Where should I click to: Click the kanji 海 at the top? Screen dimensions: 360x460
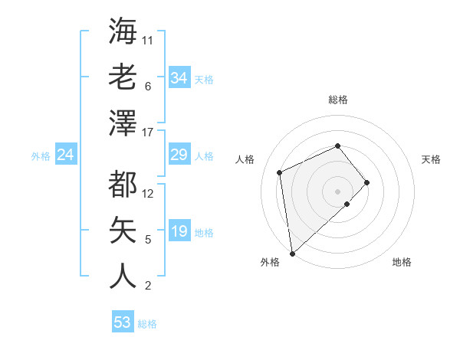pyautogui.click(x=123, y=31)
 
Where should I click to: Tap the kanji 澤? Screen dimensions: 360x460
pyautogui.click(x=123, y=123)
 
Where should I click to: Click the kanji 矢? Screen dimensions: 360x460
pyautogui.click(x=123, y=230)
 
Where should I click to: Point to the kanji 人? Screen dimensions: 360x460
pyautogui.click(x=123, y=276)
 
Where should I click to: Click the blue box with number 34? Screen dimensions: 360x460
pyautogui.click(x=179, y=78)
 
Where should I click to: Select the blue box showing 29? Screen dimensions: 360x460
pyautogui.click(x=179, y=155)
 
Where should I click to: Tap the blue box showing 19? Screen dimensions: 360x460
pyautogui.click(x=179, y=231)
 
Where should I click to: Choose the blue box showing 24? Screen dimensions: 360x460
pyautogui.click(x=65, y=155)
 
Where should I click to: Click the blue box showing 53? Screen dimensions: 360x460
pyautogui.click(x=123, y=322)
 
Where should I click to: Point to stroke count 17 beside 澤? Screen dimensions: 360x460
pyautogui.click(x=148, y=133)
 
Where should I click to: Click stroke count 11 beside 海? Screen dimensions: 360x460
pyautogui.click(x=148, y=40)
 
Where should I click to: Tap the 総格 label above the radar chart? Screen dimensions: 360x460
pyautogui.click(x=337, y=100)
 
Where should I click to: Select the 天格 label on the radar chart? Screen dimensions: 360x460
pyautogui.click(x=431, y=159)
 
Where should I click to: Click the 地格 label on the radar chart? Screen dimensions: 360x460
pyautogui.click(x=402, y=262)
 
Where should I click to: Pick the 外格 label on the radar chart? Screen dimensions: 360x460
pyautogui.click(x=270, y=262)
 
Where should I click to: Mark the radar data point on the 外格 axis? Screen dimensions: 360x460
pyautogui.click(x=292, y=253)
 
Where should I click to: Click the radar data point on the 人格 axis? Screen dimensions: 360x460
pyautogui.click(x=280, y=172)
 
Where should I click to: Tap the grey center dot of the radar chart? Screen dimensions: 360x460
pyautogui.click(x=337, y=191)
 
